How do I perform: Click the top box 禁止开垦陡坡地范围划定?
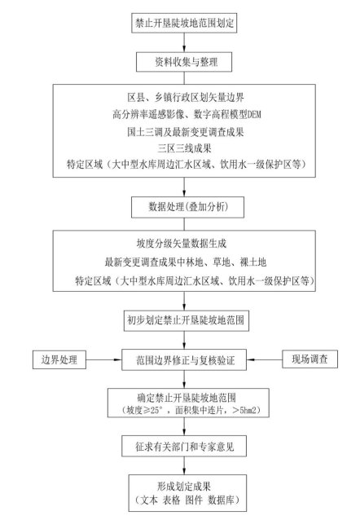(184, 23)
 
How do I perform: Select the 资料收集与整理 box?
(184, 62)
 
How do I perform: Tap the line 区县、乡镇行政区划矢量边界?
(186, 97)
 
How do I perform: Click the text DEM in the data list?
(255, 114)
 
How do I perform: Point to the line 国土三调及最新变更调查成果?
(186, 132)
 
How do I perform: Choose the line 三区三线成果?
(184, 148)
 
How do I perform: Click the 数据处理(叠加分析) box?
(187, 207)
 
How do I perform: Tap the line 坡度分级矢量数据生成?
(182, 244)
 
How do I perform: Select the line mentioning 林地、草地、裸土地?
(186, 262)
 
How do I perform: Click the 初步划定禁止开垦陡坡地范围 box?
(187, 320)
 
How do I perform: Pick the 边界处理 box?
(59, 359)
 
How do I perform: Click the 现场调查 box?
(310, 359)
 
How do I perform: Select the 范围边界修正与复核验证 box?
(184, 359)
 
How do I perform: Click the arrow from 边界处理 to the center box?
(104, 359)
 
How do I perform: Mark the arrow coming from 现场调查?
(265, 359)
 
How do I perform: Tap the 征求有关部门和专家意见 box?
(184, 447)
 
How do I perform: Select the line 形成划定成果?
(184, 487)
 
